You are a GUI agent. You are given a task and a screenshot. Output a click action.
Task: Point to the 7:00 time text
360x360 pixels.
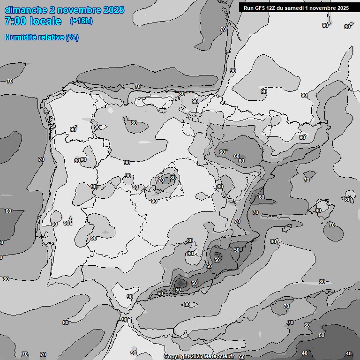[x=15, y=22]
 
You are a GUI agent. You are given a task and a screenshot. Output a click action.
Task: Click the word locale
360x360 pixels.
[x=45, y=22]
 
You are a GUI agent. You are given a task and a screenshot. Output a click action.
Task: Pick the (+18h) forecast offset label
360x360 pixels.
[x=81, y=21]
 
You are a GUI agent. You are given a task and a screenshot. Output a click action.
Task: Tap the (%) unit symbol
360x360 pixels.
[x=73, y=37]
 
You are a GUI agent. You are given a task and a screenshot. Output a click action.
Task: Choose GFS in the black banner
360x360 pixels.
[x=261, y=8]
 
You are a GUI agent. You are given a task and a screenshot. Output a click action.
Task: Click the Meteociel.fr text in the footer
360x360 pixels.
[x=220, y=357]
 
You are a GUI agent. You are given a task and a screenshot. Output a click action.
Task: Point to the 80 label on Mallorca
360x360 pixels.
[x=318, y=210]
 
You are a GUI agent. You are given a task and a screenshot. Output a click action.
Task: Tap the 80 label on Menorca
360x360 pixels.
[x=347, y=200]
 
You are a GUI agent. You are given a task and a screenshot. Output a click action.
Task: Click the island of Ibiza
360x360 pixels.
[x=287, y=229]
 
